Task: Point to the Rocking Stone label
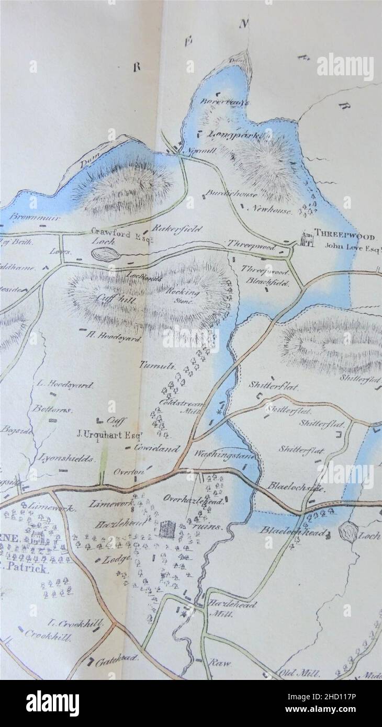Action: pos(183,297)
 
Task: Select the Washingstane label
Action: pos(225,455)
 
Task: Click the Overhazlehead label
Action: pos(194,499)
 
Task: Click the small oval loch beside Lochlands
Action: pos(105,255)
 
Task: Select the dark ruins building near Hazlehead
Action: pos(167,529)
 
